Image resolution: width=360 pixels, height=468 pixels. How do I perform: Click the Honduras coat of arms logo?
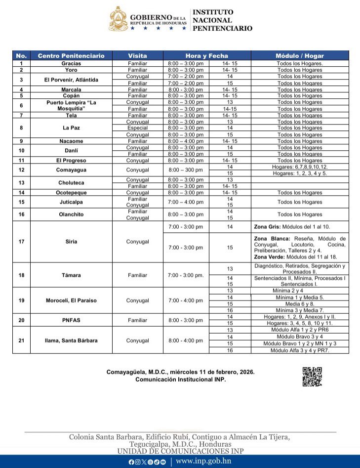tap(118, 19)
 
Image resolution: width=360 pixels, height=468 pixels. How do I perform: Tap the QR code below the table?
tap(312, 377)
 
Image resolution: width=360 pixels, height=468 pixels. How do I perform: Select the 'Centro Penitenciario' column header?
tap(71, 56)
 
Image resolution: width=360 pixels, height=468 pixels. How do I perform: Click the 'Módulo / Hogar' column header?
tap(299, 56)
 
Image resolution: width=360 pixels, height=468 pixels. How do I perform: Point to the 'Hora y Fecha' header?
tap(207, 56)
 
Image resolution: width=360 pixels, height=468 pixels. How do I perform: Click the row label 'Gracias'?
tap(71, 63)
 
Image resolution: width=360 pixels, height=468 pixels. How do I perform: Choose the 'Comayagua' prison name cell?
tap(71, 170)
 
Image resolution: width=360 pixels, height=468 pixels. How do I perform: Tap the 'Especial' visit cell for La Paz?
tap(137, 128)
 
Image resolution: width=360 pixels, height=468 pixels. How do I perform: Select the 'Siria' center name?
tap(71, 242)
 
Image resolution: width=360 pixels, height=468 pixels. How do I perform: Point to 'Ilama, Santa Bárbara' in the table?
tap(71, 340)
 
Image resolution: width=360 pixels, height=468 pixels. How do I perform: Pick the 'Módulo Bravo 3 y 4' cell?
tap(299, 337)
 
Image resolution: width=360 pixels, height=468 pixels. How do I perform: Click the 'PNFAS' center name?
tap(71, 320)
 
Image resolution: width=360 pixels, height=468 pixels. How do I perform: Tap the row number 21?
tap(21, 340)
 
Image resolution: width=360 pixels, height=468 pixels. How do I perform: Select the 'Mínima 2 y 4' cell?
tap(299, 291)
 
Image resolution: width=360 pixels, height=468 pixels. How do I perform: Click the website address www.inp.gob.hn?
tap(203, 462)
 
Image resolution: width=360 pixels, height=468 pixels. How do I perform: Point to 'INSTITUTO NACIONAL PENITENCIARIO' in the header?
tap(222, 20)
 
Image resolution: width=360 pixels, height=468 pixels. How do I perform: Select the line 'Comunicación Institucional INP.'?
tap(180, 380)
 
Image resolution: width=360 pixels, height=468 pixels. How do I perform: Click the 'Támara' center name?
tap(71, 275)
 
